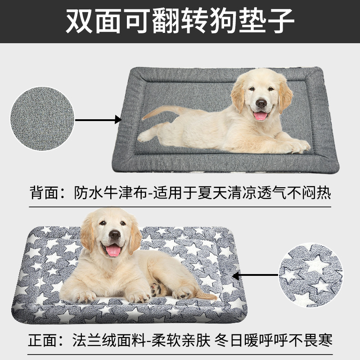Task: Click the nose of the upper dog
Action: pos(261,103)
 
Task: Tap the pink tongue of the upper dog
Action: pos(261,116)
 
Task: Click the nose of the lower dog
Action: pos(115,234)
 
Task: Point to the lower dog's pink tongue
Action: pos(113,251)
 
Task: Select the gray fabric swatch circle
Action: pos(42,118)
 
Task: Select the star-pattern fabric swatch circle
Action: pos(310,275)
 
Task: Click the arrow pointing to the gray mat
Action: pos(98,120)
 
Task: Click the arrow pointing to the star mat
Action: pos(255,275)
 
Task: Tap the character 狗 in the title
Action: pos(223,21)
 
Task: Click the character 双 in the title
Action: pos(79,21)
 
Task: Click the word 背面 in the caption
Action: pos(45,193)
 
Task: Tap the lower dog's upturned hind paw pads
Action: pos(157,289)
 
